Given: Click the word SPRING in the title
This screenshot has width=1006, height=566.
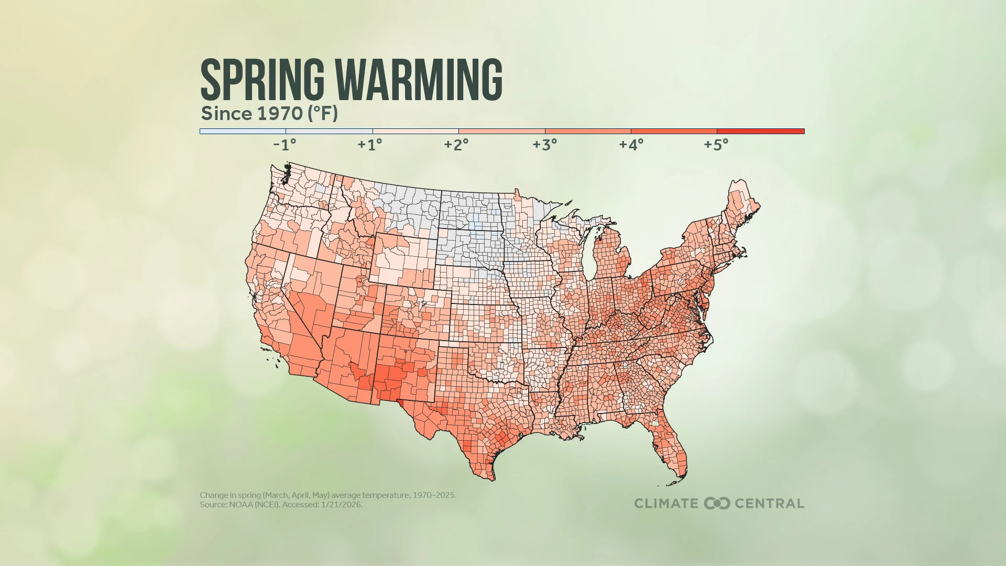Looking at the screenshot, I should pyautogui.click(x=262, y=80).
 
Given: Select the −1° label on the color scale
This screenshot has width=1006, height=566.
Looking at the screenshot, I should pyautogui.click(x=285, y=145).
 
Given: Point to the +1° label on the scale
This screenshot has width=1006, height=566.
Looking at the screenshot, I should pyautogui.click(x=370, y=145).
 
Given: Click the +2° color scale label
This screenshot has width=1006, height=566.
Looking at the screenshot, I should pyautogui.click(x=456, y=145).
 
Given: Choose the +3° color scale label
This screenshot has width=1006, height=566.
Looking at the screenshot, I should pyautogui.click(x=545, y=145).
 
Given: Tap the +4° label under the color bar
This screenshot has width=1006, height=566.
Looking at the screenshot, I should pyautogui.click(x=631, y=145).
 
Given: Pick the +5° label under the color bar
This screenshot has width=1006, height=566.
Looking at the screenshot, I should pyautogui.click(x=716, y=145).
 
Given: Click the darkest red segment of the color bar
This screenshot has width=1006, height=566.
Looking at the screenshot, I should pyautogui.click(x=760, y=132).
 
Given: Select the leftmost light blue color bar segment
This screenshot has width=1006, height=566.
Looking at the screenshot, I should pyautogui.click(x=243, y=132).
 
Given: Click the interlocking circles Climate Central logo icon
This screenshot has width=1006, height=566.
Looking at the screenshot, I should pyautogui.click(x=717, y=504).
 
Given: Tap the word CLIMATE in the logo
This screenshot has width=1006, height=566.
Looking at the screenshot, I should pyautogui.click(x=666, y=504).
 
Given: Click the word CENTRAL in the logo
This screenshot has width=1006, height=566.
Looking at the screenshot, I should pyautogui.click(x=769, y=504).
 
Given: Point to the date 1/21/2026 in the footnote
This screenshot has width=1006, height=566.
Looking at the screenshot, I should pyautogui.click(x=341, y=505).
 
